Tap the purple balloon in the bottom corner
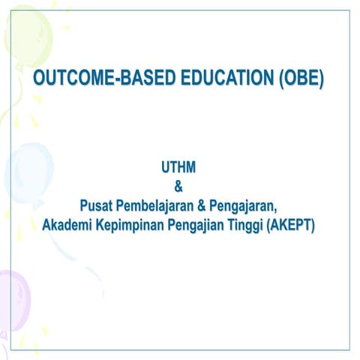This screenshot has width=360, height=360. [x=13, y=300]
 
